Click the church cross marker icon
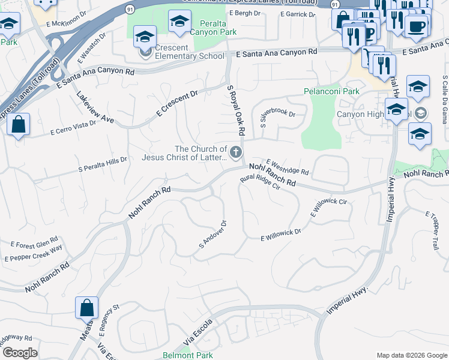coord(236,151)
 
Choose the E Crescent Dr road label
coord(177,103)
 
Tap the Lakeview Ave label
coord(95,107)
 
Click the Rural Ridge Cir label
coord(261,182)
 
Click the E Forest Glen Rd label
coord(34,245)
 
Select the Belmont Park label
coord(188,355)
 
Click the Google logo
coord(20,353)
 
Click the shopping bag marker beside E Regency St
coord(86,308)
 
